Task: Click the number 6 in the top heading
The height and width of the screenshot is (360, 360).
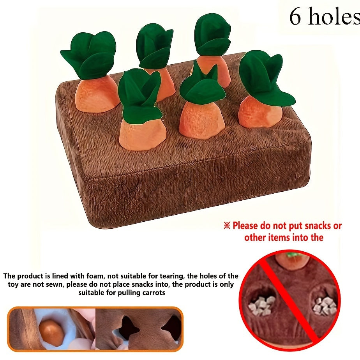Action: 295,16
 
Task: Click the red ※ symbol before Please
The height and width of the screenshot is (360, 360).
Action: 227,226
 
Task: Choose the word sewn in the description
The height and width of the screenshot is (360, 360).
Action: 57,285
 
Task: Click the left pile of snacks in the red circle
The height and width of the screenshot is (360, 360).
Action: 262,305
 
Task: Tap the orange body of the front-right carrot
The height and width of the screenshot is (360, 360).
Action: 259,113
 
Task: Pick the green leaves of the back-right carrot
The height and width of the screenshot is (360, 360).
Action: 212,34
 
